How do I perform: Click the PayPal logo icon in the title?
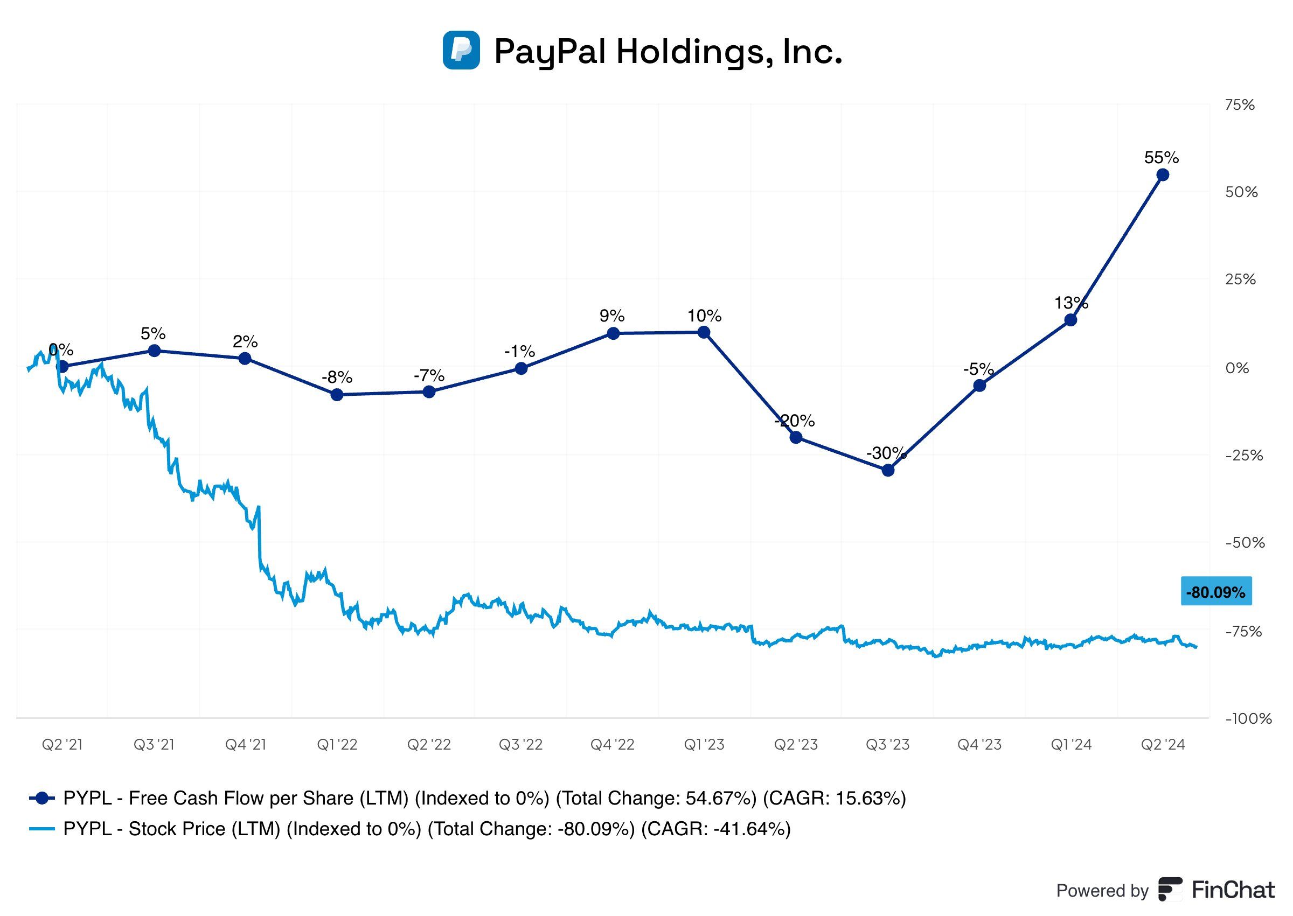tap(461, 50)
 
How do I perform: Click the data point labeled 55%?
tap(1162, 175)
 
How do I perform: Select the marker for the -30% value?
tap(887, 470)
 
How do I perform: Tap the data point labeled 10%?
tap(704, 332)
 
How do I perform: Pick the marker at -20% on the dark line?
tap(795, 437)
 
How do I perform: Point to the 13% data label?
tap(1070, 303)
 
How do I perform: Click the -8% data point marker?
tap(337, 394)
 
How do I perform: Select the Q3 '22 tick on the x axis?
tap(520, 745)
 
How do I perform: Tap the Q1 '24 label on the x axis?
tap(1070, 745)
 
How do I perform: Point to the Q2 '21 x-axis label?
tap(62, 745)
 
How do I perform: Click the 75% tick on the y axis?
tap(1240, 105)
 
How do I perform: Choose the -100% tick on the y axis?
tap(1247, 718)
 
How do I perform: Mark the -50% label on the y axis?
tap(1244, 543)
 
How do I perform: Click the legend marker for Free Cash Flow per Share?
tap(41, 798)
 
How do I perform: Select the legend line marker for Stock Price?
tap(41, 829)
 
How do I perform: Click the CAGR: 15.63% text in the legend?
tap(834, 798)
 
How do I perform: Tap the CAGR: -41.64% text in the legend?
tap(715, 829)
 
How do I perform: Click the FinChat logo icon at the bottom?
tap(1170, 890)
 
